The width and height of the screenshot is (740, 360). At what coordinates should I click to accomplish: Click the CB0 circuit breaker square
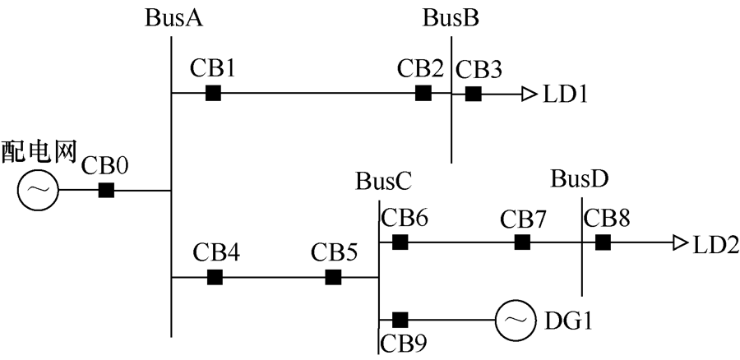pos(106,191)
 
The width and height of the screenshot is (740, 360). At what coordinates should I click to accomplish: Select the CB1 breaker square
pos(213,93)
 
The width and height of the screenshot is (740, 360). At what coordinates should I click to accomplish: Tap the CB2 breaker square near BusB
pos(423,93)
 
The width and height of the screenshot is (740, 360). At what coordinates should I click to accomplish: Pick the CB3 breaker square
pos(473,93)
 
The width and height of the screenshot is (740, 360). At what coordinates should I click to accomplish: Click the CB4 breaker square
pos(215,277)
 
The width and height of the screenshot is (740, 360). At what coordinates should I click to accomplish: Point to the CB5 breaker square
pos(333,277)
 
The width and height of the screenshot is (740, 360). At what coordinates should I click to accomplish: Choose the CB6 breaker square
pos(400,242)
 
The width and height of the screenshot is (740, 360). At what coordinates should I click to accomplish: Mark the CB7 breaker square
pos(522,242)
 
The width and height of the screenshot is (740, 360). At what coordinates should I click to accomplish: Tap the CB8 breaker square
pos(603,242)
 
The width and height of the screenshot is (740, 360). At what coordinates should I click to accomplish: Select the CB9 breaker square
pos(400,319)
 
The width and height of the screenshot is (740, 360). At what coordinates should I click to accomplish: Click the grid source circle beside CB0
pos(37,191)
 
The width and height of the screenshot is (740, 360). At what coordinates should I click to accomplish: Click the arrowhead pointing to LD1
pos(528,94)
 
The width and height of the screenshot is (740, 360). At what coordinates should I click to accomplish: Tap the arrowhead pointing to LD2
pos(679,242)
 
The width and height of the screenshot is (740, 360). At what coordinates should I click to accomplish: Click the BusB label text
pos(451,17)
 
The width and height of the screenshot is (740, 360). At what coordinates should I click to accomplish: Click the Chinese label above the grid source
pos(39,151)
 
